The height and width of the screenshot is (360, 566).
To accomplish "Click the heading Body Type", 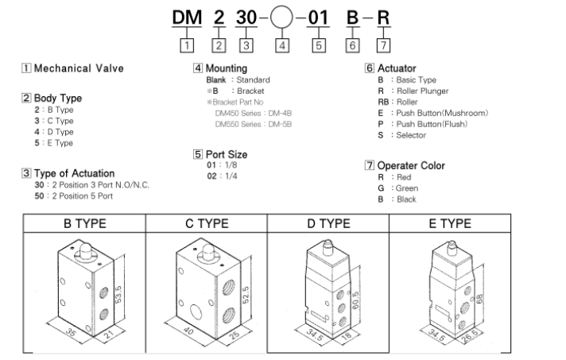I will [56, 99].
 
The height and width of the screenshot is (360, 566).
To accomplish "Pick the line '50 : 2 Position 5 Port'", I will [80, 195].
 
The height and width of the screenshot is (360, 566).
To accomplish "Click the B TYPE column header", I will [85, 223].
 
